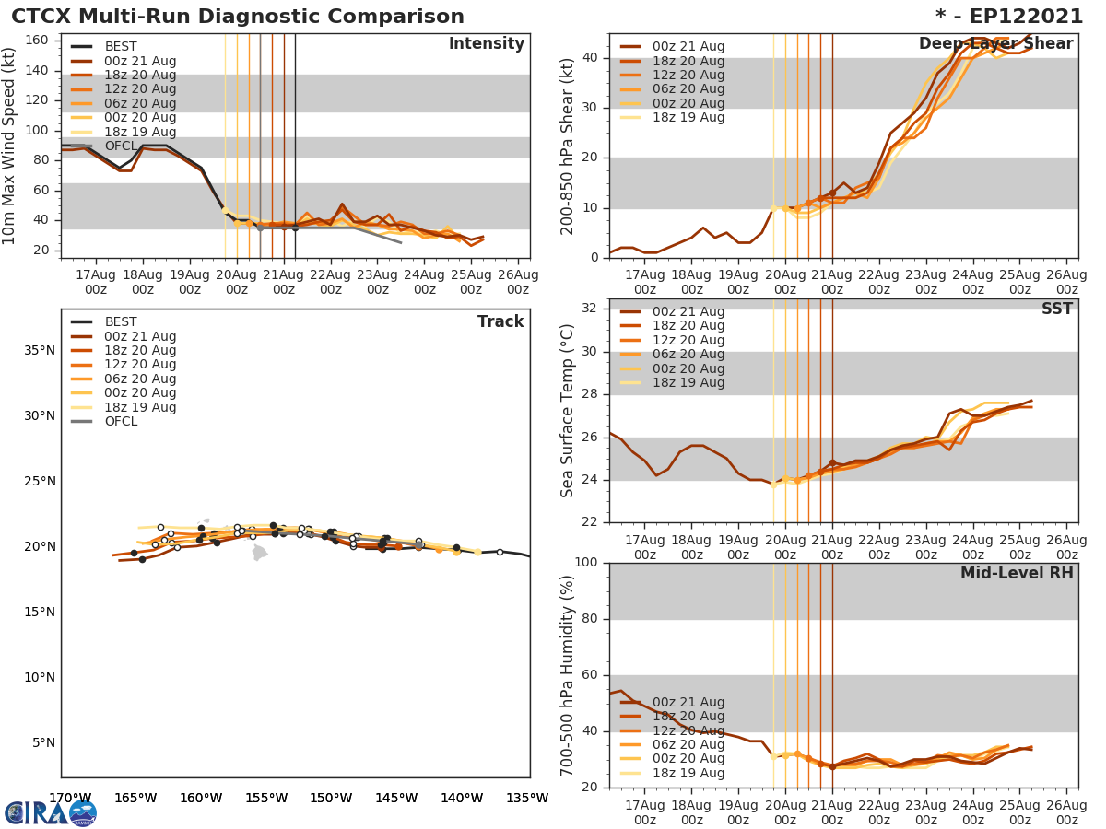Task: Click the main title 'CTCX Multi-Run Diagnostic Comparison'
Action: point(238,17)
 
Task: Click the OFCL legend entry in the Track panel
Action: point(120,422)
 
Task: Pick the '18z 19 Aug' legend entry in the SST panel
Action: point(688,383)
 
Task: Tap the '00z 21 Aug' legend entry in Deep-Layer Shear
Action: point(688,47)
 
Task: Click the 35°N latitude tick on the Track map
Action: point(39,351)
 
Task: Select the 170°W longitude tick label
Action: point(69,799)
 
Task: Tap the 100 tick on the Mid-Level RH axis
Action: point(588,563)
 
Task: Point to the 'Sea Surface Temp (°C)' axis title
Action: point(569,411)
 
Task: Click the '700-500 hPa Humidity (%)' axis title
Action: point(569,674)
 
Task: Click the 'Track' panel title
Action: point(500,322)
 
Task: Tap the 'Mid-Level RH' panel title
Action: point(1017,574)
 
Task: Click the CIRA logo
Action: point(51,812)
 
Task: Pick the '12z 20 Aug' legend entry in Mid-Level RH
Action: point(688,730)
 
